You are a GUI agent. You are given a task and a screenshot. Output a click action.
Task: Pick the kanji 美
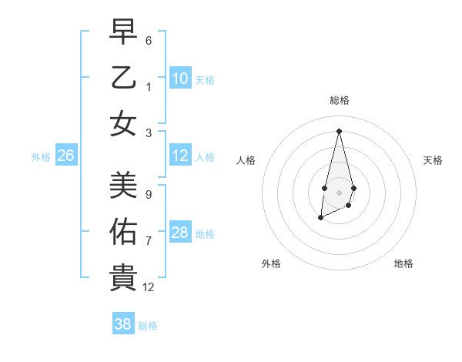[123, 185]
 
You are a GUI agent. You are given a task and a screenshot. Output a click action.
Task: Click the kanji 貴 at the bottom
[123, 277]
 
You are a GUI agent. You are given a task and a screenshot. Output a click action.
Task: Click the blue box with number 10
[180, 78]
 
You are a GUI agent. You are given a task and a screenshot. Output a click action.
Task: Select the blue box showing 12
[180, 156]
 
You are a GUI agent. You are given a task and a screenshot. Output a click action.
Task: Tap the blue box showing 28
[180, 233]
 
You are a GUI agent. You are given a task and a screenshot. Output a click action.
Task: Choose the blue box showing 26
[66, 156]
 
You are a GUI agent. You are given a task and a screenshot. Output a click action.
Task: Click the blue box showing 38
[123, 324]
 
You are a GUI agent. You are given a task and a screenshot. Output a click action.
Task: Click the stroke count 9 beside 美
[149, 194]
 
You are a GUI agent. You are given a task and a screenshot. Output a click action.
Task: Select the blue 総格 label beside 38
[148, 326]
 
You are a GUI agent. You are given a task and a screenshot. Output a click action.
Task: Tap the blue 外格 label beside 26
[41, 157]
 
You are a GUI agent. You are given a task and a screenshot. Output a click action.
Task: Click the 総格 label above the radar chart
[339, 100]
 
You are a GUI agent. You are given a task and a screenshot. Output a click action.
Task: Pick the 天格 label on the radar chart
[433, 160]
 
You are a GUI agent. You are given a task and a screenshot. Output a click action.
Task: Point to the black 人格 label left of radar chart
[246, 160]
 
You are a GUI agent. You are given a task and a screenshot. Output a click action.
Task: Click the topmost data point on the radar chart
[339, 131]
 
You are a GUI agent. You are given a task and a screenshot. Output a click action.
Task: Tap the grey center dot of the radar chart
[339, 192]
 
